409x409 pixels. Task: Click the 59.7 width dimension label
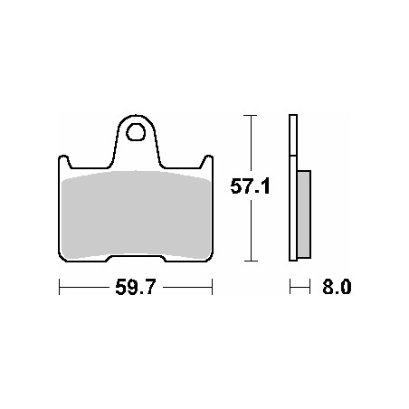pos(136,287)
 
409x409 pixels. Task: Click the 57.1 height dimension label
pos(250,186)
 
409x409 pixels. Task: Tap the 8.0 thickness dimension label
pos(337,287)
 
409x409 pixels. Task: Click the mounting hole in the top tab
pos(136,132)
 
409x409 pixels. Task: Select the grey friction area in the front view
pos(136,214)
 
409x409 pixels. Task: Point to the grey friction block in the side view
pos(304,214)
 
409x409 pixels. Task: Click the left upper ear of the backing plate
pos(64,161)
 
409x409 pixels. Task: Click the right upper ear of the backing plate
pos(207,161)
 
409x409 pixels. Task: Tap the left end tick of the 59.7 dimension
pos(60,287)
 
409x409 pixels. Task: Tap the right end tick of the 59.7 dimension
pos(213,287)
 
